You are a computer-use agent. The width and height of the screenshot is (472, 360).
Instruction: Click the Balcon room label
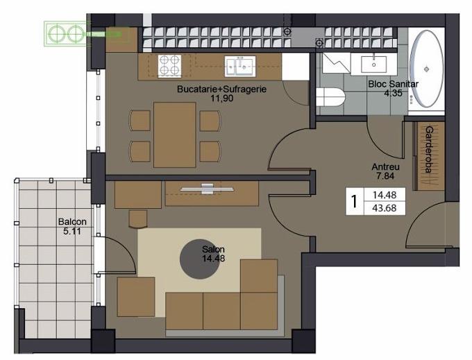pyautogui.click(x=72, y=222)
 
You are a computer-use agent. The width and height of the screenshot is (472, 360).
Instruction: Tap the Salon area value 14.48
pyautogui.click(x=213, y=258)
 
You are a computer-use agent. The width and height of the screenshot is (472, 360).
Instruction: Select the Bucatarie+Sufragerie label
pyautogui.click(x=221, y=89)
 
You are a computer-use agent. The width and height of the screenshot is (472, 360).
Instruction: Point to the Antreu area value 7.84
pyautogui.click(x=385, y=176)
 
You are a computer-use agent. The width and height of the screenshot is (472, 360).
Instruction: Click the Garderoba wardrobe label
pyautogui.click(x=429, y=149)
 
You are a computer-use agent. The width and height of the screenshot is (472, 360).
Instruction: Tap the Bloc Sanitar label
pyautogui.click(x=393, y=84)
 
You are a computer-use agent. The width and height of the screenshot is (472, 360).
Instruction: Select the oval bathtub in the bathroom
pyautogui.click(x=426, y=69)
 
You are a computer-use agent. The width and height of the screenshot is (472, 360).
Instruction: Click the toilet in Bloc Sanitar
pyautogui.click(x=330, y=97)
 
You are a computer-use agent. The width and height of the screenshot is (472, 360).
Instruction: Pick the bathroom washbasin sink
pyautogui.click(x=373, y=64)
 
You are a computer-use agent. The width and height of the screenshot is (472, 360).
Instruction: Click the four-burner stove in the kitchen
pyautogui.click(x=169, y=66)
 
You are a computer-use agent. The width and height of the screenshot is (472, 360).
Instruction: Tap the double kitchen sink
pyautogui.click(x=240, y=66)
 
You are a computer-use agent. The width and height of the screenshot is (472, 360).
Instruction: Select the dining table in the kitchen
pyautogui.click(x=175, y=135)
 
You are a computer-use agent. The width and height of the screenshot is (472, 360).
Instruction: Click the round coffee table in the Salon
pyautogui.click(x=200, y=259)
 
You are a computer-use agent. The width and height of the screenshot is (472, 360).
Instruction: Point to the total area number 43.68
pyautogui.click(x=385, y=208)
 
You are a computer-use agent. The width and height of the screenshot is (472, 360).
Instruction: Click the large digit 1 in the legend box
pyautogui.click(x=354, y=202)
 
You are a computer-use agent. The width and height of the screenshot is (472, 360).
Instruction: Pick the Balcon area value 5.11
pyautogui.click(x=72, y=232)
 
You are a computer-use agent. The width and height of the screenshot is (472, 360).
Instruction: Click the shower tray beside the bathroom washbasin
pyautogui.click(x=336, y=63)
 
